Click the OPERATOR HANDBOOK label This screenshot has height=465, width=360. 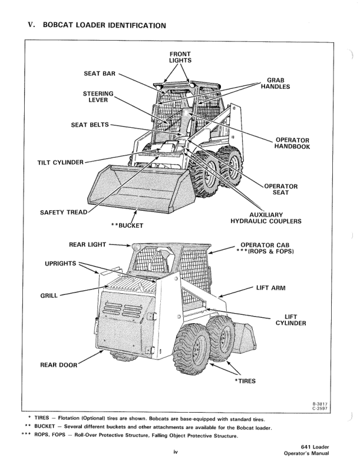(292, 143)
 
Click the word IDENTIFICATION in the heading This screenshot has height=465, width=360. (127, 25)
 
